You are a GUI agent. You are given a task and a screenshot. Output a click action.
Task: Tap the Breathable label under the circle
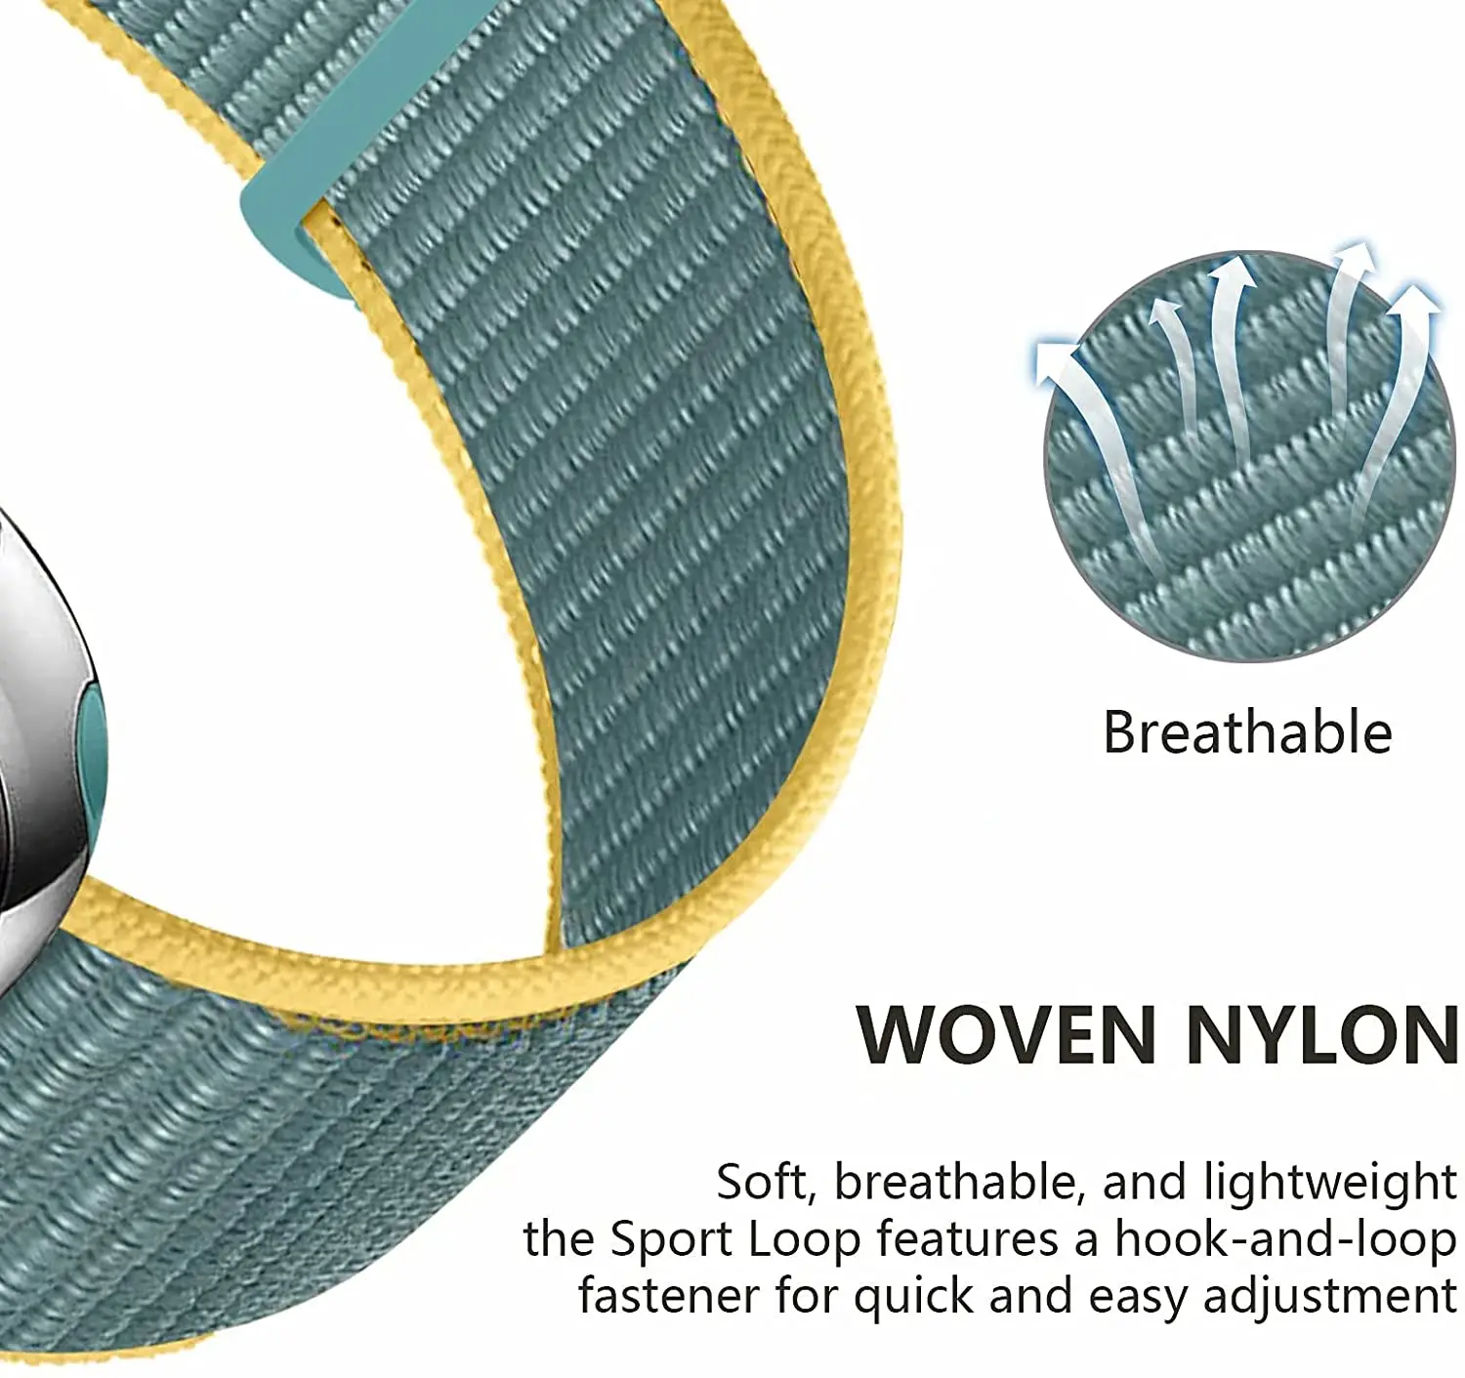coord(1246,732)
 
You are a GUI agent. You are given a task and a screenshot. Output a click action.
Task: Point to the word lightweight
coord(1329,1184)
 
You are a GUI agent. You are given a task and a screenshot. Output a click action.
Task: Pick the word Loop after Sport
coord(804,1240)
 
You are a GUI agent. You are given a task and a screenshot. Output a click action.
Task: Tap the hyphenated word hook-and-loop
coord(1285,1239)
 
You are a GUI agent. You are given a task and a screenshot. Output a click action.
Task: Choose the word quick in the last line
coord(913,1298)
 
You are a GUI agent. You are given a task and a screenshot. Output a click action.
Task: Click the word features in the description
coord(967,1239)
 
